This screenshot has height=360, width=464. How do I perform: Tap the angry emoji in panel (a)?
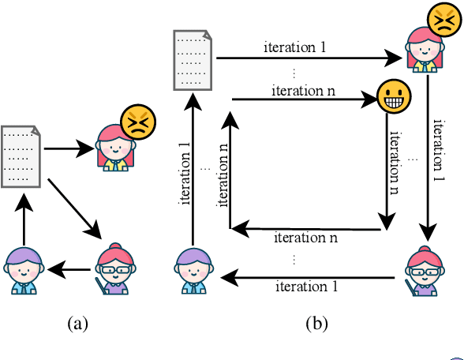137,123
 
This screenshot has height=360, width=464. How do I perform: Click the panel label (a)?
77,323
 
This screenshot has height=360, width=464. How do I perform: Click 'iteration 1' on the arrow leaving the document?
294,47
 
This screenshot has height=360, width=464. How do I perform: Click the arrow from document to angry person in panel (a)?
71,148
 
